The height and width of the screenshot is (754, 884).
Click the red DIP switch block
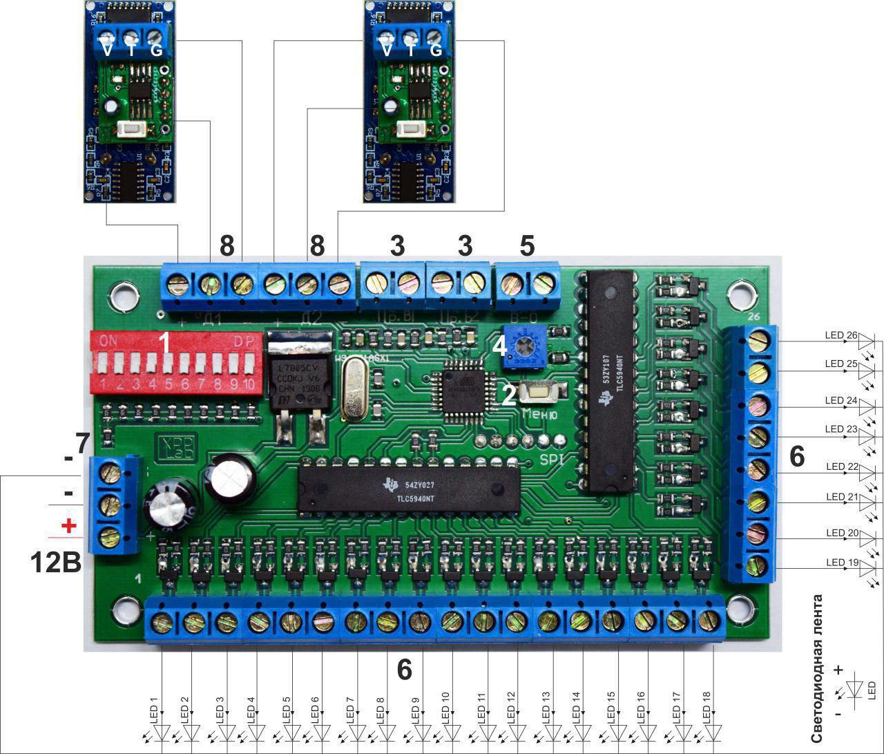click(x=176, y=363)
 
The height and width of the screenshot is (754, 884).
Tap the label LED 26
click(x=840, y=335)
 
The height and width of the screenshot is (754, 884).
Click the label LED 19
click(x=840, y=562)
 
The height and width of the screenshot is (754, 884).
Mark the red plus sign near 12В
click(x=68, y=526)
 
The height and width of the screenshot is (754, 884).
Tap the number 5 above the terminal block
click(x=527, y=245)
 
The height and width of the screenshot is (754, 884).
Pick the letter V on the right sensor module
click(x=387, y=50)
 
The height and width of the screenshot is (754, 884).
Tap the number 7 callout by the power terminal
click(x=82, y=443)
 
